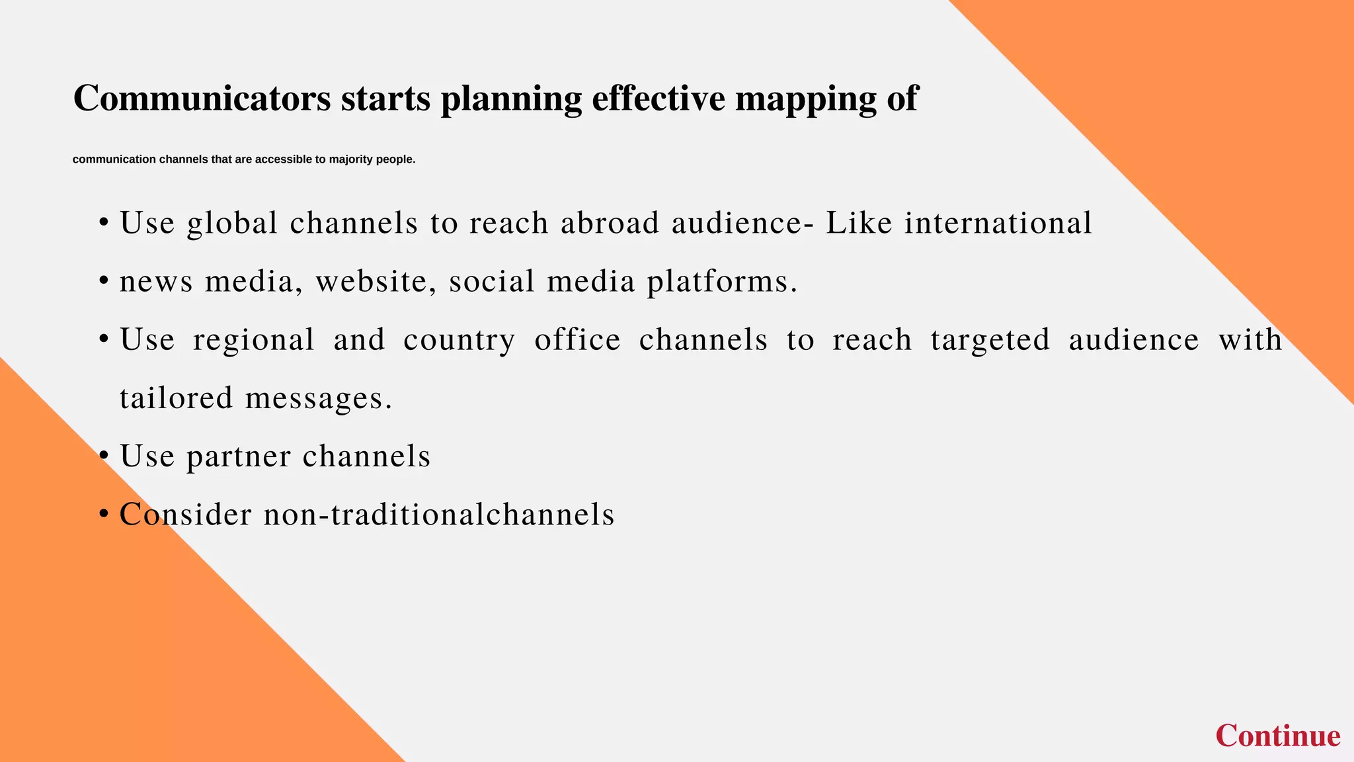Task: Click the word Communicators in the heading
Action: pyautogui.click(x=202, y=98)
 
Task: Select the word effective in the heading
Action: pyautogui.click(x=658, y=98)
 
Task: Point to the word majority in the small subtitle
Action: pyautogui.click(x=351, y=159)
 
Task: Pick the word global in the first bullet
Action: pyautogui.click(x=232, y=224)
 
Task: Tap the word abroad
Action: pyautogui.click(x=610, y=222)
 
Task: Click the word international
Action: pyautogui.click(x=998, y=222)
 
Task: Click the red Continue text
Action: pyautogui.click(x=1277, y=736)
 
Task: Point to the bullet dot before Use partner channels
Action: pyautogui.click(x=103, y=456)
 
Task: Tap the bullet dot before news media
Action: pyautogui.click(x=103, y=282)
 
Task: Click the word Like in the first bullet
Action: pyautogui.click(x=859, y=222)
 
